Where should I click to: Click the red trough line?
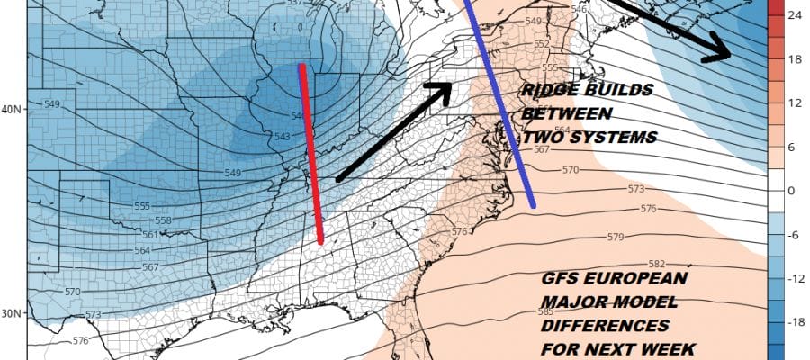click(311, 153)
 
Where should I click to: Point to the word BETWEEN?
click(567, 114)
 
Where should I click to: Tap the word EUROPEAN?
click(629, 280)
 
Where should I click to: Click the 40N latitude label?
click(13, 110)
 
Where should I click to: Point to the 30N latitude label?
click(13, 313)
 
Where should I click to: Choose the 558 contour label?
click(164, 220)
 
